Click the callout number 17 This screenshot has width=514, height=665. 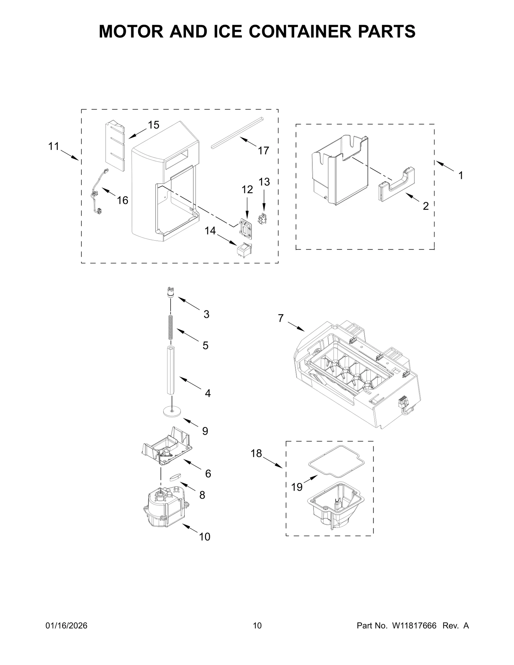263,151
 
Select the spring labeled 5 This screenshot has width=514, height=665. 171,327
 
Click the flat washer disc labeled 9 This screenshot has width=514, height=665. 172,411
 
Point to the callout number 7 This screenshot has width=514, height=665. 281,318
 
